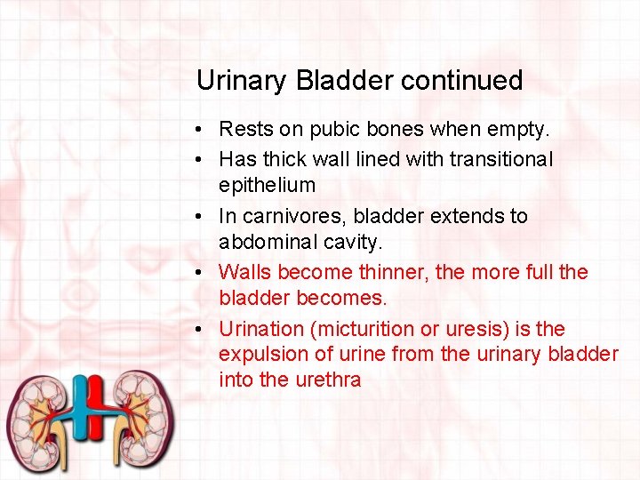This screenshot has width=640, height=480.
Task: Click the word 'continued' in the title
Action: pyautogui.click(x=461, y=81)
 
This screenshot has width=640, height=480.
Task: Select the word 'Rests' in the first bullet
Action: pyautogui.click(x=246, y=130)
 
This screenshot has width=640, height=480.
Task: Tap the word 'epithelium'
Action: pyautogui.click(x=267, y=185)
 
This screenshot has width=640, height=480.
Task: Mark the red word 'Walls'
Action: pyautogui.click(x=244, y=272)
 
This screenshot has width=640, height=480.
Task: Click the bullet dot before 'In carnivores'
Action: pyautogui.click(x=203, y=217)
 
